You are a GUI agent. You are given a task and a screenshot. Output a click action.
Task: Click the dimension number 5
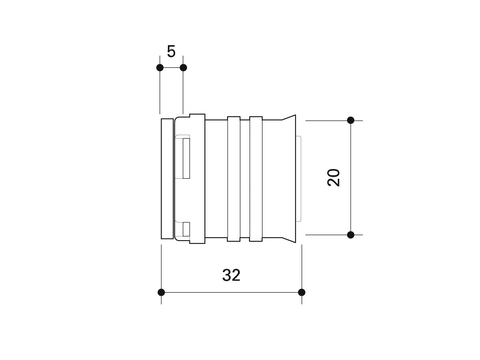coord(171,52)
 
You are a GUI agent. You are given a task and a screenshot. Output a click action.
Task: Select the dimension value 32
coord(231,275)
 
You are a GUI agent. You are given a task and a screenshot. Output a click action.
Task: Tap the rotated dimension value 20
coord(334,178)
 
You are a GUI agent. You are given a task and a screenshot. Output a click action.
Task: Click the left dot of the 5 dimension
coord(160,68)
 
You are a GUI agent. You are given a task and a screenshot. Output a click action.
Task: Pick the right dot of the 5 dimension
coord(183,68)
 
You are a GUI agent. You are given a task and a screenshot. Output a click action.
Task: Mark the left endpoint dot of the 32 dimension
coord(161,292)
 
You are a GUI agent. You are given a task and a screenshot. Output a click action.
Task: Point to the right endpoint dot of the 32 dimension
coord(302,292)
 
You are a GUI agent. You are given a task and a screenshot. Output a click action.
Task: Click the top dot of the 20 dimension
coord(351,120)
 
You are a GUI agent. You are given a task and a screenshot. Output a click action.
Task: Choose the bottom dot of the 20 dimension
coord(351,235)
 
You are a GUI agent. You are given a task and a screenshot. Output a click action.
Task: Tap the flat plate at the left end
coord(167,178)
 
